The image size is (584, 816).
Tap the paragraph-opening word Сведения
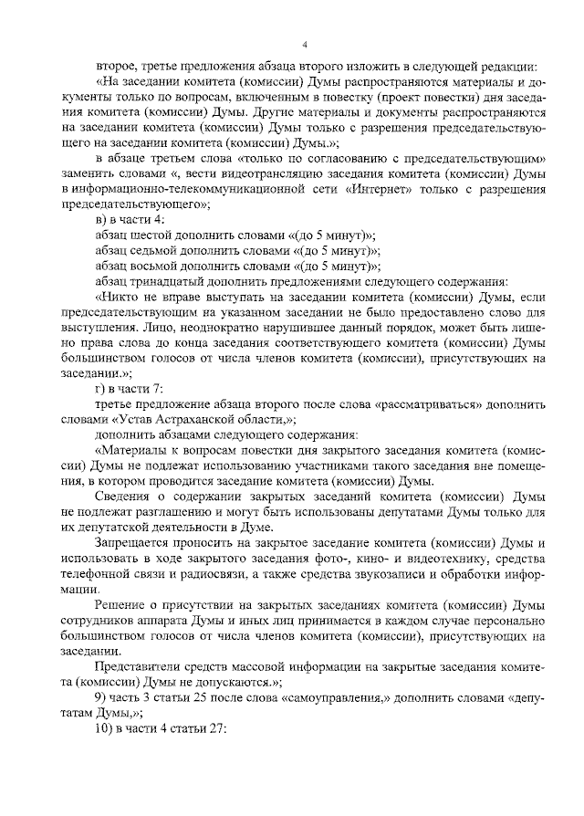(123, 496)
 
